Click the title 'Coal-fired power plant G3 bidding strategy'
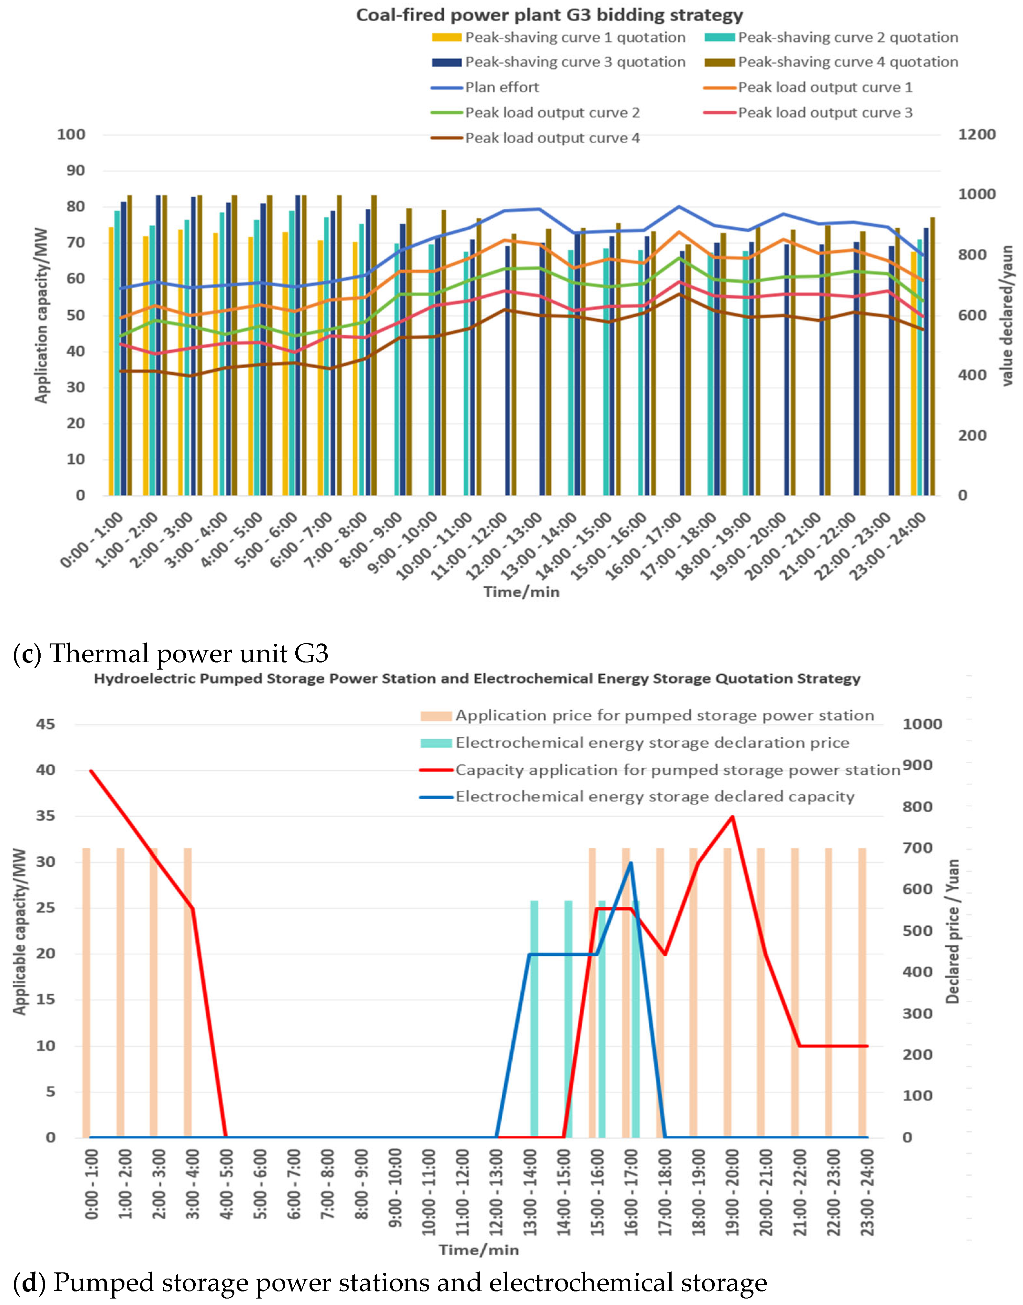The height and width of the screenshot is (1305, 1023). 549,15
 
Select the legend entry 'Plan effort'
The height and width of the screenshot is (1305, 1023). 502,87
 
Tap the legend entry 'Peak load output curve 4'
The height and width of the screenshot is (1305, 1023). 552,138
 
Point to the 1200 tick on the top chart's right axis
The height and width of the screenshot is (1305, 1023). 976,134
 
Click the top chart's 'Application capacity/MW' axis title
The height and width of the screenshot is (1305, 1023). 41,314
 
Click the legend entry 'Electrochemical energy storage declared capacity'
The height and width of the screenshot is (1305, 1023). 654,797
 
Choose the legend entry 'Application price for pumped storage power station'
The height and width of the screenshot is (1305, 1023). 664,715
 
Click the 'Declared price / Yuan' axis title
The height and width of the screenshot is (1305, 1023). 952,932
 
